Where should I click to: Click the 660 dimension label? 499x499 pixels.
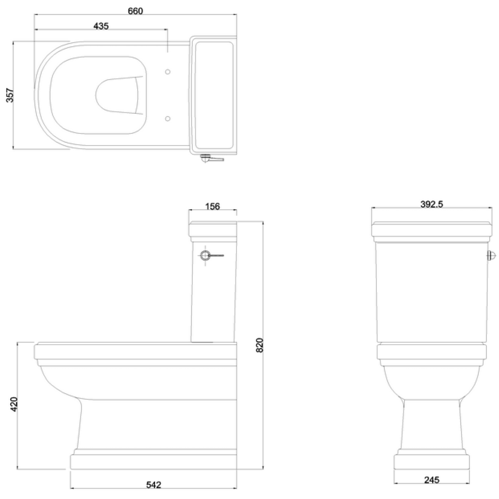pyautogui.click(x=135, y=11)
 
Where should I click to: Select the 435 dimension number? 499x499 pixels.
pyautogui.click(x=101, y=26)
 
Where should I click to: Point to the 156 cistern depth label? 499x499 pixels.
pyautogui.click(x=213, y=206)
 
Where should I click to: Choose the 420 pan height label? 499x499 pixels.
pyautogui.click(x=14, y=404)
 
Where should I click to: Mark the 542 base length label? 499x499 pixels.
pyautogui.click(x=153, y=485)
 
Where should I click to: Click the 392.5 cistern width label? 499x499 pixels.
pyautogui.click(x=432, y=204)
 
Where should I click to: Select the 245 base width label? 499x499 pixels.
pyautogui.click(x=432, y=480)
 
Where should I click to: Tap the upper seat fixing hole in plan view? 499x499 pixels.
pyautogui.click(x=168, y=72)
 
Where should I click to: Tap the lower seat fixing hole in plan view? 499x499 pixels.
pyautogui.click(x=168, y=118)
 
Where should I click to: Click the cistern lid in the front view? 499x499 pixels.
pyautogui.click(x=432, y=229)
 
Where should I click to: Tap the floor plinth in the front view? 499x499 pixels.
pyautogui.click(x=431, y=462)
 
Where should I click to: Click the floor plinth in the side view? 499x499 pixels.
pyautogui.click(x=153, y=462)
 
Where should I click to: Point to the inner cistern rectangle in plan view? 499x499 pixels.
pyautogui.click(x=213, y=95)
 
